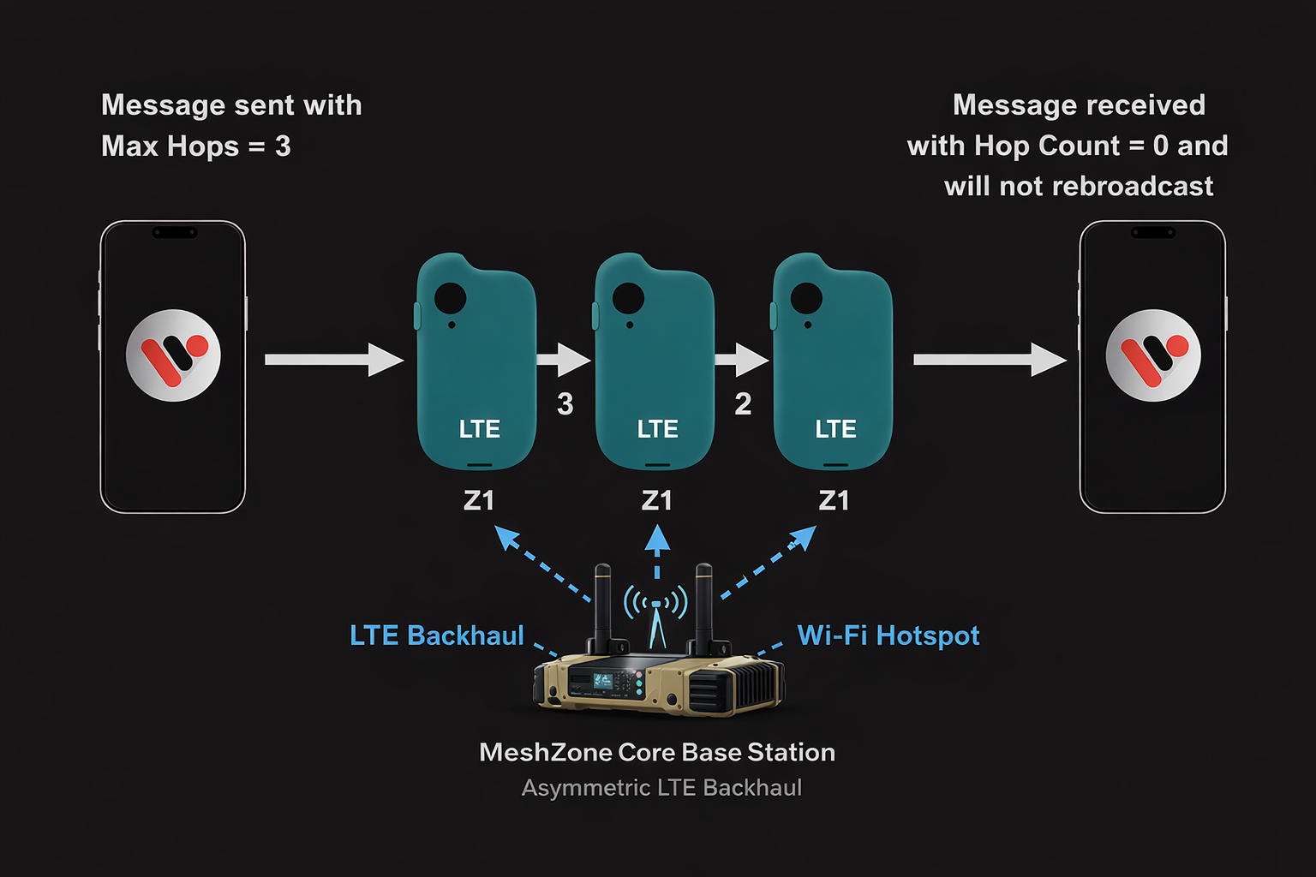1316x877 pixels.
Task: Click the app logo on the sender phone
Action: tap(173, 355)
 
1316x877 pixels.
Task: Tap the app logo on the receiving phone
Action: tap(1153, 355)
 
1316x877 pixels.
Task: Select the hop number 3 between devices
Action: tap(565, 404)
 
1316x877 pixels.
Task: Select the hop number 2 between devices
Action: tap(743, 404)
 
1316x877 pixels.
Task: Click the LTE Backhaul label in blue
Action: tap(436, 635)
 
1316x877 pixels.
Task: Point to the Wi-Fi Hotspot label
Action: tap(888, 635)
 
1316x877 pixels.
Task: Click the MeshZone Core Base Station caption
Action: tap(657, 752)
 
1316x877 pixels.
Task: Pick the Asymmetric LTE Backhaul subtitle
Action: tap(661, 788)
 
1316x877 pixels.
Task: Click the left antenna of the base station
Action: tap(603, 604)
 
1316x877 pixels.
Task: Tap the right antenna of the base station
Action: tap(704, 604)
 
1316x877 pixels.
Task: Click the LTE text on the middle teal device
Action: tap(657, 429)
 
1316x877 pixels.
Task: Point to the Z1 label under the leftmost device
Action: tap(479, 500)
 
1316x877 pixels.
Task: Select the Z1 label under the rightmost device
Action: tap(834, 500)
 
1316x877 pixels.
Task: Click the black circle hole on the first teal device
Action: tap(451, 298)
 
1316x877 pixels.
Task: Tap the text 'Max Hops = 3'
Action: tap(196, 146)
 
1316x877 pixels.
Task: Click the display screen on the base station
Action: tap(603, 681)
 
